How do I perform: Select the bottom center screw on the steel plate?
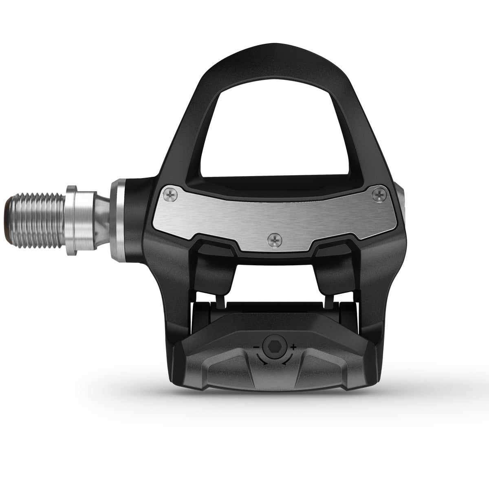click(x=275, y=241)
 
